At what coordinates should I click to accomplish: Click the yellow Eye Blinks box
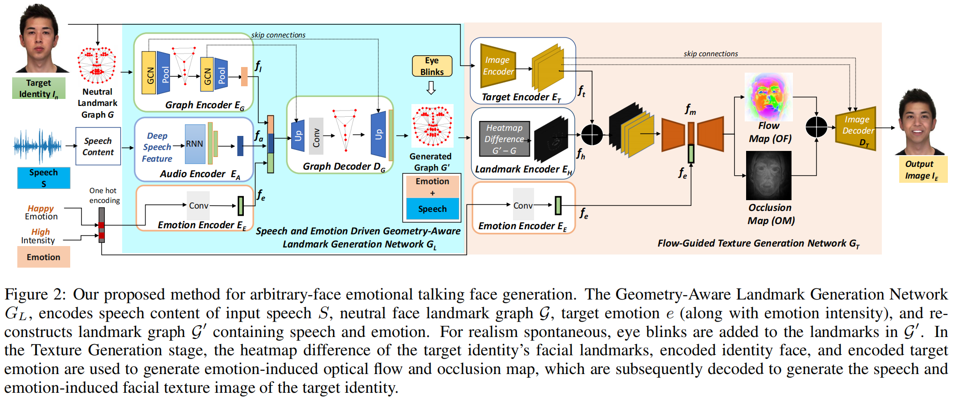tap(432, 66)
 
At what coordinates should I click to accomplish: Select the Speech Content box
tap(98, 146)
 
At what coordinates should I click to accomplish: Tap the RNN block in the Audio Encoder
tap(195, 144)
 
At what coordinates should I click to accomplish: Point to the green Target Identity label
tap(38, 89)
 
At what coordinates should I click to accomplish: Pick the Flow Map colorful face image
tap(768, 97)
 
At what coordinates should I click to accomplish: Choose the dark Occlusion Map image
tap(769, 175)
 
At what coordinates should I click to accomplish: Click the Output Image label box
tap(922, 170)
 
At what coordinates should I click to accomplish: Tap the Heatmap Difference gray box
tap(504, 139)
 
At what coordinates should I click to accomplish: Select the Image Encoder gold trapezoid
tap(498, 66)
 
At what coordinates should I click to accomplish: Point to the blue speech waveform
tap(37, 146)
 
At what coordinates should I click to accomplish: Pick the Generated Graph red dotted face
tap(432, 126)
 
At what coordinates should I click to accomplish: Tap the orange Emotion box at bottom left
tap(44, 257)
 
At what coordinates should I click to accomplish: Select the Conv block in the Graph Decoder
tap(316, 136)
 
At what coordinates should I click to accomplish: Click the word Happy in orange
tap(41, 208)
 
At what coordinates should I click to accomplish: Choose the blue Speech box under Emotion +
tap(432, 209)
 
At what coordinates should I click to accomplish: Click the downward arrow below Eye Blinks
tap(431, 88)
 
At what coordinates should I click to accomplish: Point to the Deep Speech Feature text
tap(157, 147)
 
